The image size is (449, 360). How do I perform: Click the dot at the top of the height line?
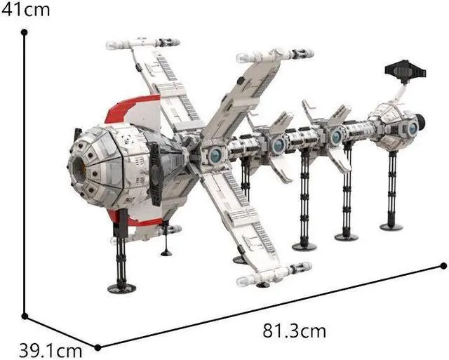tap(25, 32)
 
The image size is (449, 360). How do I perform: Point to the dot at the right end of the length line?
tap(443, 265)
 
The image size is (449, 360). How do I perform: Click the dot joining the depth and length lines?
tap(98, 347)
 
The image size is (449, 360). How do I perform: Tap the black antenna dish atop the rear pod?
tap(405, 70)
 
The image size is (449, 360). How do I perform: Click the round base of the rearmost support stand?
tap(391, 226)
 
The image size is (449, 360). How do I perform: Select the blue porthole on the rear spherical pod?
tap(413, 128)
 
